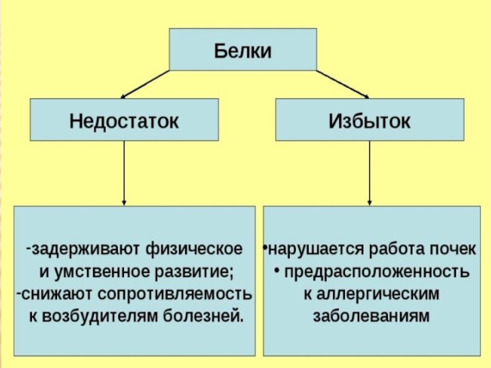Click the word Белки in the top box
pyautogui.click(x=242, y=51)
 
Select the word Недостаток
pyautogui.click(x=124, y=121)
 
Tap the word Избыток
pyautogui.click(x=369, y=121)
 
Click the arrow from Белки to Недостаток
pyautogui.click(x=145, y=85)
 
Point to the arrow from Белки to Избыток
pyautogui.click(x=343, y=85)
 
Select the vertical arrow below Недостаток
pyautogui.click(x=124, y=173)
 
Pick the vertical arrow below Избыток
pyautogui.click(x=369, y=173)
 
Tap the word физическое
pyautogui.click(x=194, y=249)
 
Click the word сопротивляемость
pyautogui.click(x=175, y=294)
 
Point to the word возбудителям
pyautogui.click(x=100, y=316)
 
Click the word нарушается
pyautogui.click(x=317, y=250)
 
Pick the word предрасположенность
pyautogui.click(x=377, y=272)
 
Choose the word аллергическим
pyautogui.click(x=377, y=294)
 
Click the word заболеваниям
pyautogui.click(x=371, y=316)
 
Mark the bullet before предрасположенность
pyautogui.click(x=277, y=270)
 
